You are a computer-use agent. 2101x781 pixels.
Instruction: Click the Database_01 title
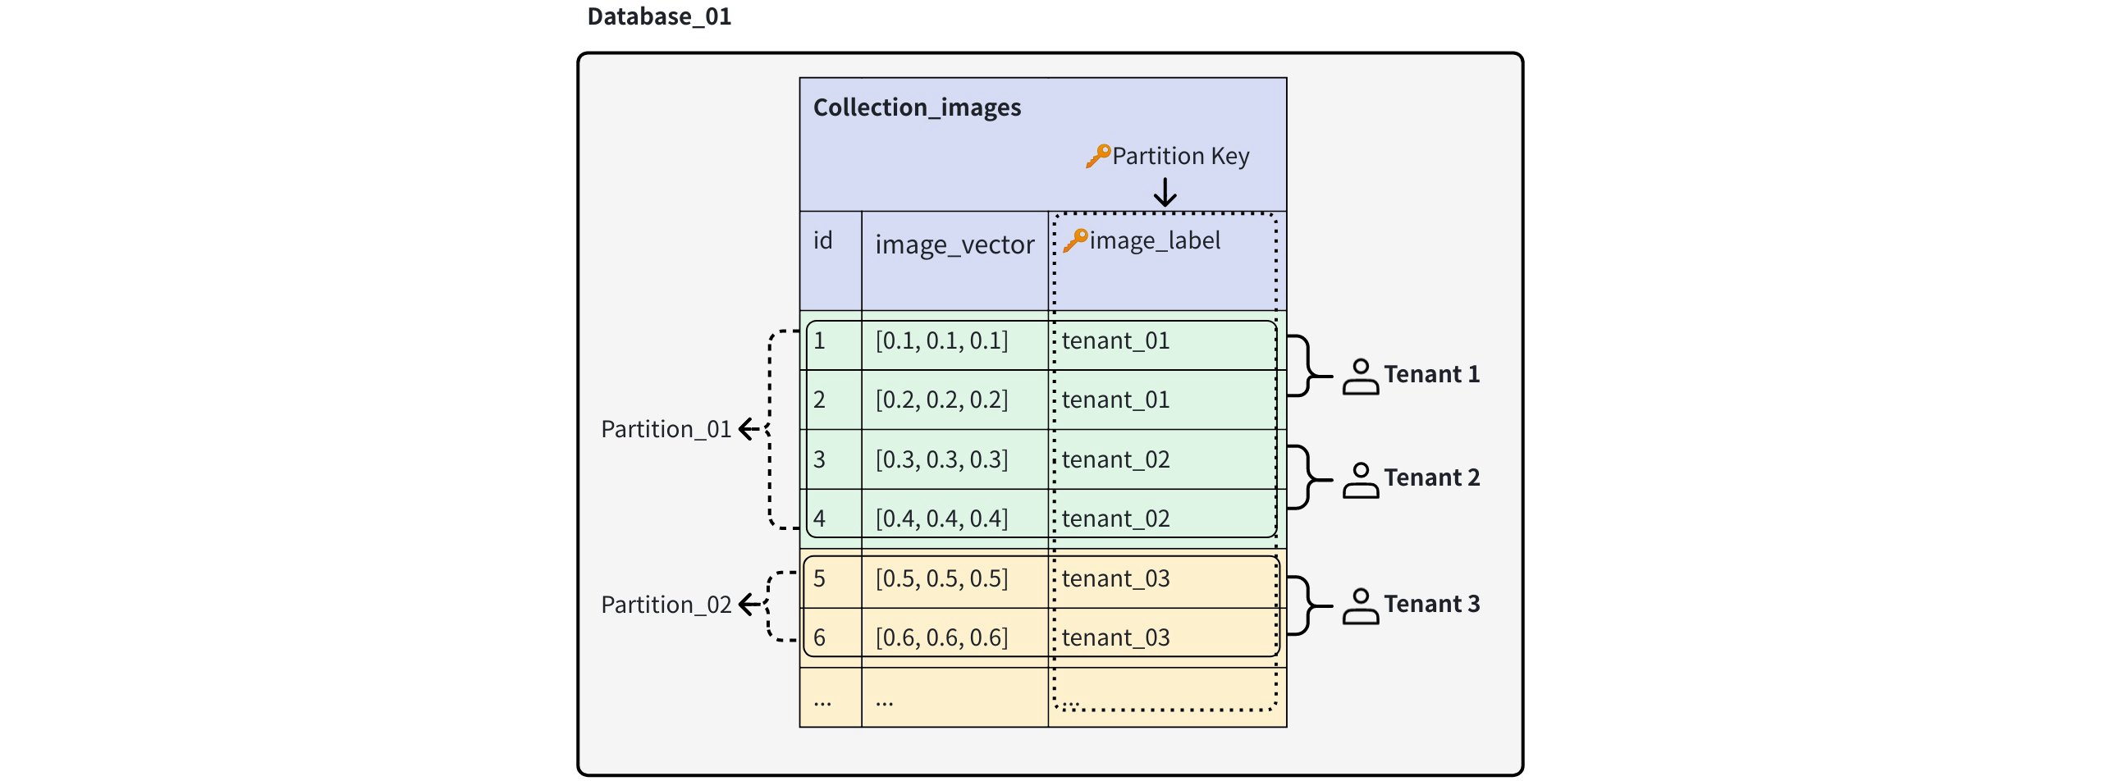click(659, 16)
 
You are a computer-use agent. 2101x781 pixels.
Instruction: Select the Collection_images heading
click(917, 107)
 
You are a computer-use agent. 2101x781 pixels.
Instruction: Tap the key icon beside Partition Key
click(1097, 156)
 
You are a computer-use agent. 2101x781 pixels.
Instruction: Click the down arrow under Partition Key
click(1165, 193)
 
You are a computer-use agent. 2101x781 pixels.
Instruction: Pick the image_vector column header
click(954, 244)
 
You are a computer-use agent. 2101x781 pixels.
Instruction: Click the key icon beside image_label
click(1074, 240)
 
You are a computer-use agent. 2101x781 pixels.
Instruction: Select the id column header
click(822, 240)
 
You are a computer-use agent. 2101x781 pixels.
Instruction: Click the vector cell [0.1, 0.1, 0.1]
click(941, 340)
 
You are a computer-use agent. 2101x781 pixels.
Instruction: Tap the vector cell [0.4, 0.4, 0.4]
click(941, 518)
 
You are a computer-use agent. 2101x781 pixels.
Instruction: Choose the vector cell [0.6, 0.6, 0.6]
click(941, 637)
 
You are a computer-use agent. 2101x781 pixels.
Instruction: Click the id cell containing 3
click(819, 459)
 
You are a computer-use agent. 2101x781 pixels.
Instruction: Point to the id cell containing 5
click(819, 578)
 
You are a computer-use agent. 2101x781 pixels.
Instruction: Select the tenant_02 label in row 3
click(1115, 459)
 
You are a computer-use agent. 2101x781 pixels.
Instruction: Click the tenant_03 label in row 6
click(1115, 637)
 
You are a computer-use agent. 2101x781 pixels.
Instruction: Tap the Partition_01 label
click(666, 429)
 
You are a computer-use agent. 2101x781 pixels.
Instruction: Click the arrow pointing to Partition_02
click(749, 605)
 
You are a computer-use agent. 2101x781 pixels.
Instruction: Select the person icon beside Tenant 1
click(1360, 377)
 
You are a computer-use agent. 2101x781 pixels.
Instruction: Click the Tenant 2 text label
click(1431, 477)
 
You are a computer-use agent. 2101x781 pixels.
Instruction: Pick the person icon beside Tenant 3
click(1360, 607)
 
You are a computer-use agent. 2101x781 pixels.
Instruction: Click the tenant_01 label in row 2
click(1115, 400)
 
